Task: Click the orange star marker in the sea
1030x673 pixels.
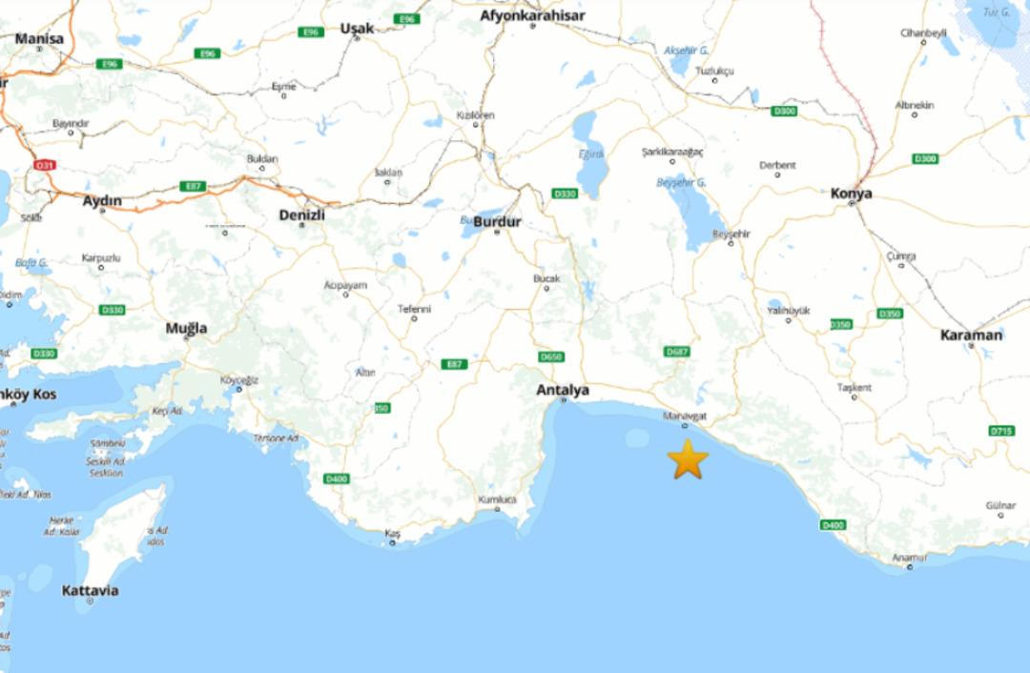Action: click(688, 459)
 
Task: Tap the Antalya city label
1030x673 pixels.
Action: click(562, 390)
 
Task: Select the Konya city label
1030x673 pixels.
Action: click(851, 194)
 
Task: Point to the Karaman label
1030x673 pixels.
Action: click(971, 335)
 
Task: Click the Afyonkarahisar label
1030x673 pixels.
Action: click(531, 15)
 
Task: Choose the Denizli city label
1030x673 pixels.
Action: click(301, 214)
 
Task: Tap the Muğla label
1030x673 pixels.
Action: click(186, 328)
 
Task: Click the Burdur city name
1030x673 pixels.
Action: click(497, 221)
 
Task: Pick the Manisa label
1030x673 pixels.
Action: click(39, 39)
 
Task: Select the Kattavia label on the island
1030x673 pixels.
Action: click(90, 590)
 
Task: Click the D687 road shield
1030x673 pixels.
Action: click(676, 352)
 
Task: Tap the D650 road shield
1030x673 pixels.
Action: click(551, 357)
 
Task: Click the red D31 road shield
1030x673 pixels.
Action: click(44, 165)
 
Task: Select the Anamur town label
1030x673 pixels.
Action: click(909, 558)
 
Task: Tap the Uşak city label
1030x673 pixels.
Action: click(357, 29)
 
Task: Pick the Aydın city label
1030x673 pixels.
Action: click(102, 200)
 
